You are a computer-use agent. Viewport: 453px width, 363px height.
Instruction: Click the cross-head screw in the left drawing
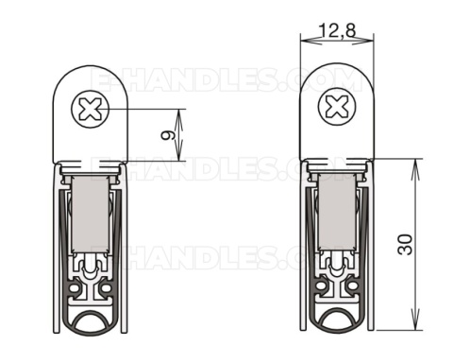click(x=91, y=110)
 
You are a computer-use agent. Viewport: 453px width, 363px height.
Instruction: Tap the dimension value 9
click(x=168, y=135)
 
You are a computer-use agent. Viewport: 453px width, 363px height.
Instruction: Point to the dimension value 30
click(x=405, y=244)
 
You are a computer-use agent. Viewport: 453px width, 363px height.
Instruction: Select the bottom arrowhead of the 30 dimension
click(x=415, y=326)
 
